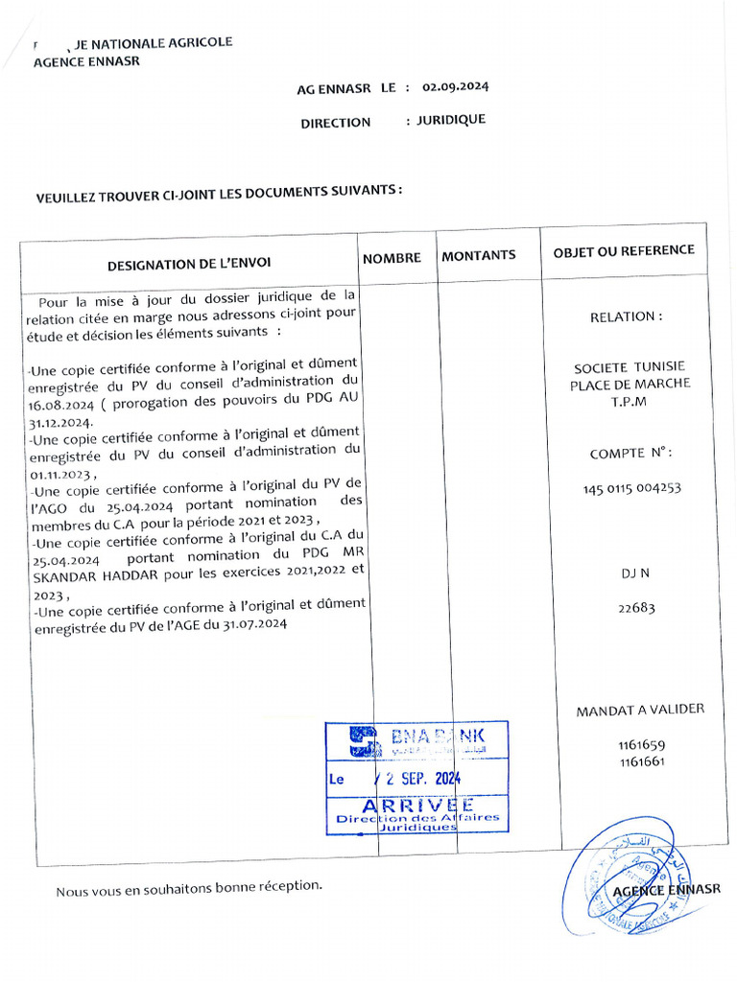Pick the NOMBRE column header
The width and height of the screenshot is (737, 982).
pos(392,258)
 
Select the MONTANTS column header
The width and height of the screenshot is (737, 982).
pos(478,255)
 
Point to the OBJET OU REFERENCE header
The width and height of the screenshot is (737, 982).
pos(624,250)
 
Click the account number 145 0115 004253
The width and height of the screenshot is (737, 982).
pos(631,488)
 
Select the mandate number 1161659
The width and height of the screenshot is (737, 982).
pos(642,745)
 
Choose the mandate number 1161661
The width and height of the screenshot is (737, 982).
pos(642,761)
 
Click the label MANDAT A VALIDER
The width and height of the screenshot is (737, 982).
pos(640,710)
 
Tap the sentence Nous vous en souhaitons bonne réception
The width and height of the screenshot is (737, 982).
pos(189,889)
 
